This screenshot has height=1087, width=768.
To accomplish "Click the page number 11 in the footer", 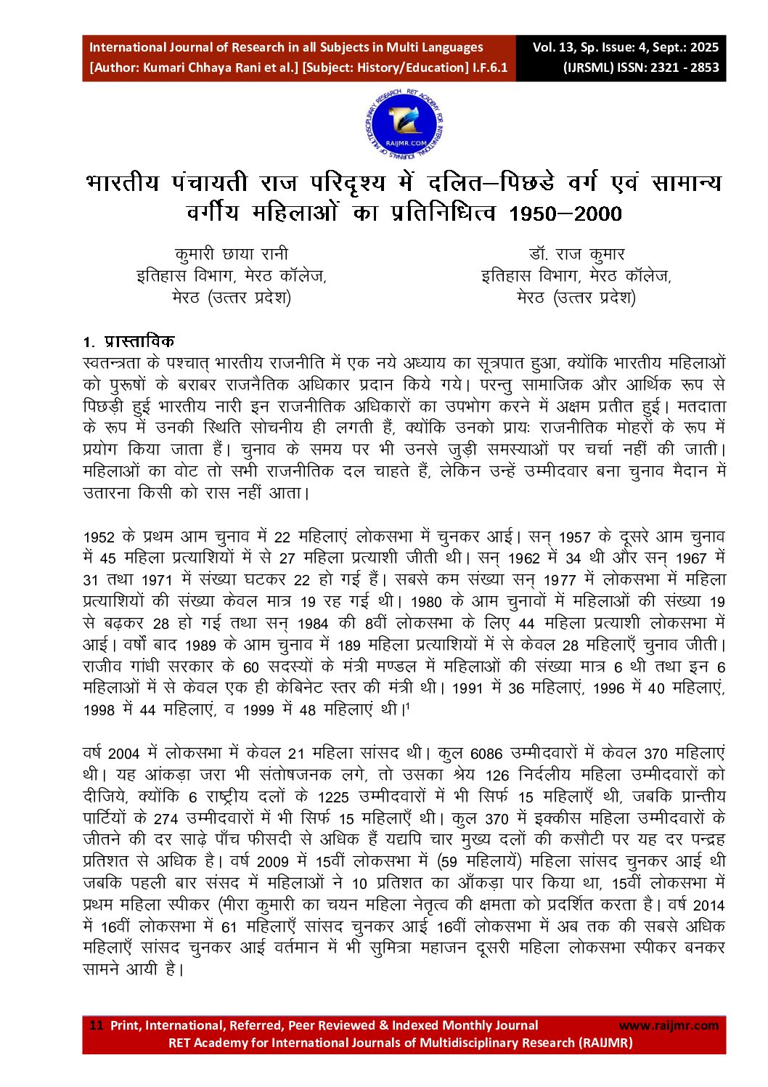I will [x=96, y=1025].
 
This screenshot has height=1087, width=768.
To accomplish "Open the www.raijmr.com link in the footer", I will [x=668, y=1025].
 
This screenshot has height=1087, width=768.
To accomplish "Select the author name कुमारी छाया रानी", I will [x=231, y=254].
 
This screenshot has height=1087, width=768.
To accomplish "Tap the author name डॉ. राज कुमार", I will [x=576, y=254].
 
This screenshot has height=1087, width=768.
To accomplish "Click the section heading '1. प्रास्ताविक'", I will [x=128, y=342].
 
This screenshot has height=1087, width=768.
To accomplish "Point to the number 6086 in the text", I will [x=486, y=754].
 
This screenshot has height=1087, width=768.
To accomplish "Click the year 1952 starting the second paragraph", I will [x=99, y=537].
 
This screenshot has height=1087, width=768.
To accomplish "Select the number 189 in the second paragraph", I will [x=349, y=646].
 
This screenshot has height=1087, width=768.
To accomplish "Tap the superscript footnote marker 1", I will [x=407, y=706].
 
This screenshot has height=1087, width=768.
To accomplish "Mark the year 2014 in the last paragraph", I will [x=708, y=905].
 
